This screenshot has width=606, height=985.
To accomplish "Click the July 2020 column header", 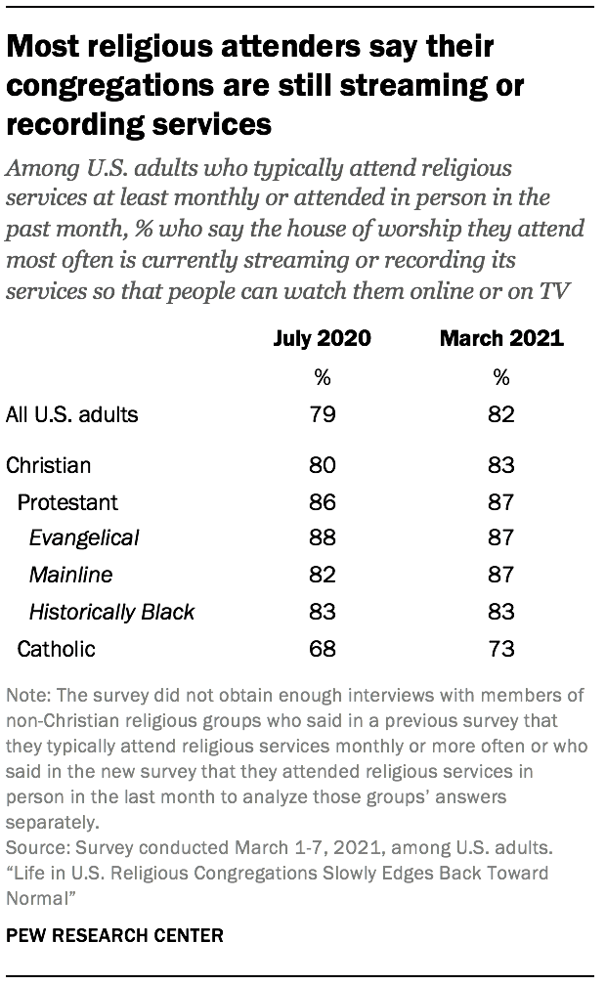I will click(x=323, y=340).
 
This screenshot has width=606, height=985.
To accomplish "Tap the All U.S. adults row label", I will click(x=72, y=413).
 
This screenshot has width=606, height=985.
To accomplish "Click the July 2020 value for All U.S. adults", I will click(x=323, y=413).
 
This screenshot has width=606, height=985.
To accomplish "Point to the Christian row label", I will click(x=49, y=465).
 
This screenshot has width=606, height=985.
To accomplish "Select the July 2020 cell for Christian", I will click(x=323, y=465).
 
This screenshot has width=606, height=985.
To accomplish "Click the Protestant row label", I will click(x=67, y=502).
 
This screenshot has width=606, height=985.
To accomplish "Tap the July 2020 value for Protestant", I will click(x=323, y=502).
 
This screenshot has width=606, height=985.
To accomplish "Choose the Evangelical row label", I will click(x=84, y=538).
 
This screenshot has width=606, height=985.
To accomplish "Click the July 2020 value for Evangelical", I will click(x=323, y=538).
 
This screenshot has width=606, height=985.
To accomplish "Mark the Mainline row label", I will click(x=70, y=576).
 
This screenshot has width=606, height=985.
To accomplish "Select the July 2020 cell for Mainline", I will click(x=323, y=576).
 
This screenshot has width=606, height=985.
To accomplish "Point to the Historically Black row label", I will click(x=111, y=613).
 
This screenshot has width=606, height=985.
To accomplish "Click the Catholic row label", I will click(x=58, y=649).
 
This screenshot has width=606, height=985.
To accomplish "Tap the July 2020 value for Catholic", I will click(x=323, y=649).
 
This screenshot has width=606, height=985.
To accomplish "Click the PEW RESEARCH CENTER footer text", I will click(x=115, y=935).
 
